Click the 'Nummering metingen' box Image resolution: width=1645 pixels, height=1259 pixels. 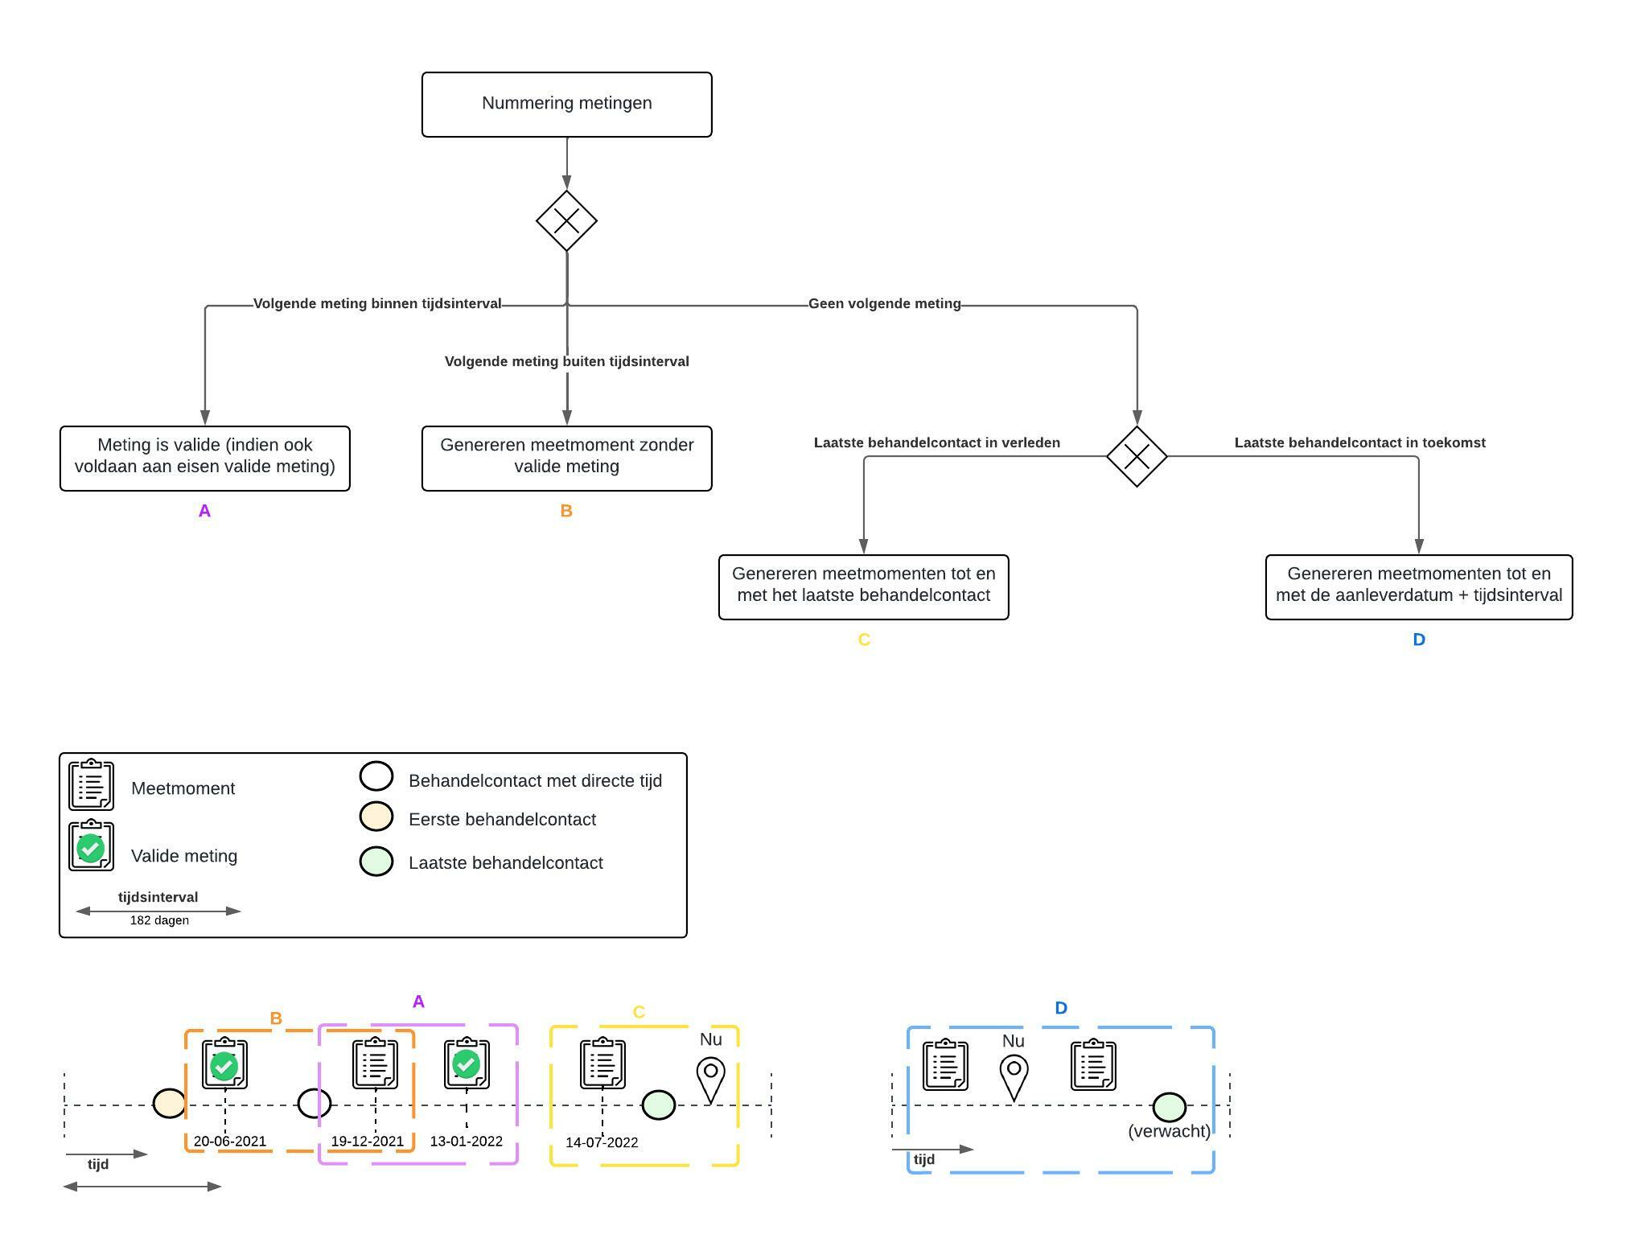(566, 104)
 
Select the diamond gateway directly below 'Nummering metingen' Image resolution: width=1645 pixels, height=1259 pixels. (566, 220)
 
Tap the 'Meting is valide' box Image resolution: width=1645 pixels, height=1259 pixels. (204, 458)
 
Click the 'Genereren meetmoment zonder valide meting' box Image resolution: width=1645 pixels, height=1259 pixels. (566, 458)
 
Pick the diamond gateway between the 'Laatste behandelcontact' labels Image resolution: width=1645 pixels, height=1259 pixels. (1136, 456)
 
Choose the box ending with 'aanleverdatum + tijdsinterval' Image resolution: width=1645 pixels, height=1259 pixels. (1418, 586)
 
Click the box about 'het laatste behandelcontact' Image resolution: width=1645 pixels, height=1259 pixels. (863, 586)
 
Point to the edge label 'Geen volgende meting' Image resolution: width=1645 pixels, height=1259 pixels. (884, 304)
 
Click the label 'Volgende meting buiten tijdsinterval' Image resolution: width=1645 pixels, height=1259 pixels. (566, 362)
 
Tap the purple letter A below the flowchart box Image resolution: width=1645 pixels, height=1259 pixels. (204, 511)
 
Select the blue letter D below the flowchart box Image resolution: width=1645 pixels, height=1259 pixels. (1418, 640)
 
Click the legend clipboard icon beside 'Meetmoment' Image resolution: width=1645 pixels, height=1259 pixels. (91, 784)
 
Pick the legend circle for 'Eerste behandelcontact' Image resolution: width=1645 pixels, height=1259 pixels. (376, 817)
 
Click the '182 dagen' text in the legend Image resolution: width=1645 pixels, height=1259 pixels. (159, 920)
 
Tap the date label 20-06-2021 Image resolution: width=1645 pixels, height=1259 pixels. (229, 1141)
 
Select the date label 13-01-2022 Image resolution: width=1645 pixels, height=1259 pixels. (466, 1141)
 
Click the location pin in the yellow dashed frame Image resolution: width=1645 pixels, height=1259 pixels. (710, 1079)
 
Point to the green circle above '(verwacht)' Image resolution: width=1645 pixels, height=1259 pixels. (1169, 1107)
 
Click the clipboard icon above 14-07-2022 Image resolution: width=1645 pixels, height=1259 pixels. (602, 1063)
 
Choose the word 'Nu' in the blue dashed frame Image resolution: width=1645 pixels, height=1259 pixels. (1013, 1041)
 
